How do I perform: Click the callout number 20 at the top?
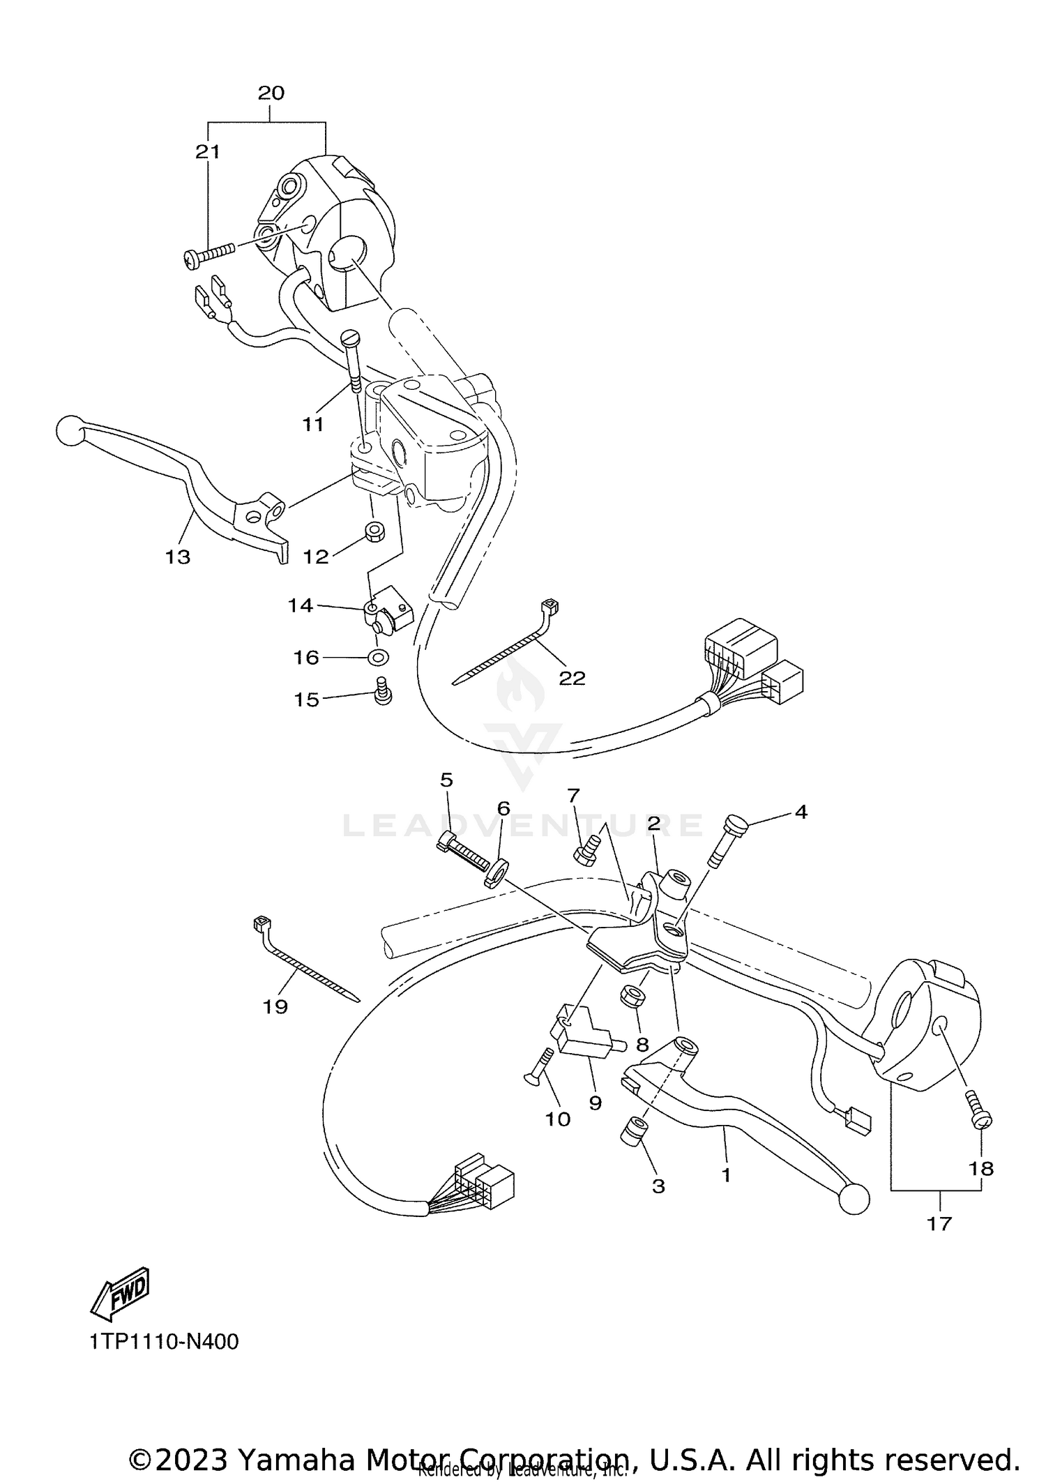click(271, 93)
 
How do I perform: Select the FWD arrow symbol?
click(121, 1292)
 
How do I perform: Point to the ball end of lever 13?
click(69, 430)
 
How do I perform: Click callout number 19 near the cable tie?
click(275, 1006)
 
